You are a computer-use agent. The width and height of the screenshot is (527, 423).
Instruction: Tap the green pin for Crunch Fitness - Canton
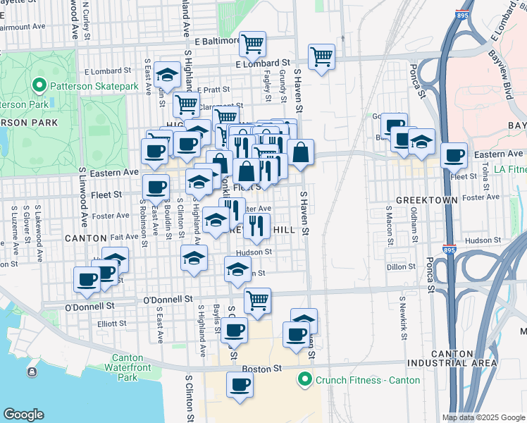click(x=304, y=380)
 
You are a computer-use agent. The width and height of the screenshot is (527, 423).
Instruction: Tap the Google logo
click(x=23, y=415)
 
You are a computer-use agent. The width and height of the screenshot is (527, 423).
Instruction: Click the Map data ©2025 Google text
click(x=483, y=417)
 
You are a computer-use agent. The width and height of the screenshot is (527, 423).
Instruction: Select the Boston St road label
click(x=262, y=368)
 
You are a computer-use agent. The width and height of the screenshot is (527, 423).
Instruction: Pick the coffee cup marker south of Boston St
click(x=240, y=384)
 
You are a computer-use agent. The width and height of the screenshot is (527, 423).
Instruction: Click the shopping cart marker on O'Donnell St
click(x=258, y=300)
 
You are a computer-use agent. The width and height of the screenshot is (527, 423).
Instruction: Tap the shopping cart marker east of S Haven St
click(x=321, y=56)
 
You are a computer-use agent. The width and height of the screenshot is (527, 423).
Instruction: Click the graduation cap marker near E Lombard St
click(x=168, y=75)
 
